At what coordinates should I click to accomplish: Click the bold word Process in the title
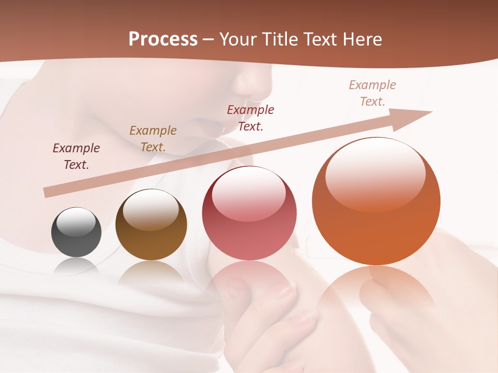pyautogui.click(x=163, y=39)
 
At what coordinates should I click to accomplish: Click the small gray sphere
pyautogui.click(x=76, y=232)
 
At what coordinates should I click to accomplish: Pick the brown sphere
pyautogui.click(x=151, y=225)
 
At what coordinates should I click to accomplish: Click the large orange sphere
pyautogui.click(x=376, y=202)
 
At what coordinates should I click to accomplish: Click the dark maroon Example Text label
pyautogui.click(x=76, y=156)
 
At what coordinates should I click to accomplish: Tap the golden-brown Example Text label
pyautogui.click(x=153, y=139)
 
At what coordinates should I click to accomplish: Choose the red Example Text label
pyautogui.click(x=251, y=118)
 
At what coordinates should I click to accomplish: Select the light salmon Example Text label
pyautogui.click(x=372, y=93)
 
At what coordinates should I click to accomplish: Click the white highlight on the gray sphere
pyautogui.click(x=76, y=222)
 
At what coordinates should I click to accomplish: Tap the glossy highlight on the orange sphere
pyautogui.click(x=375, y=174)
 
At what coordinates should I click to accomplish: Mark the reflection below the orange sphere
pyautogui.click(x=376, y=300)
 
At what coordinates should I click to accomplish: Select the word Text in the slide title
pyautogui.click(x=320, y=39)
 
